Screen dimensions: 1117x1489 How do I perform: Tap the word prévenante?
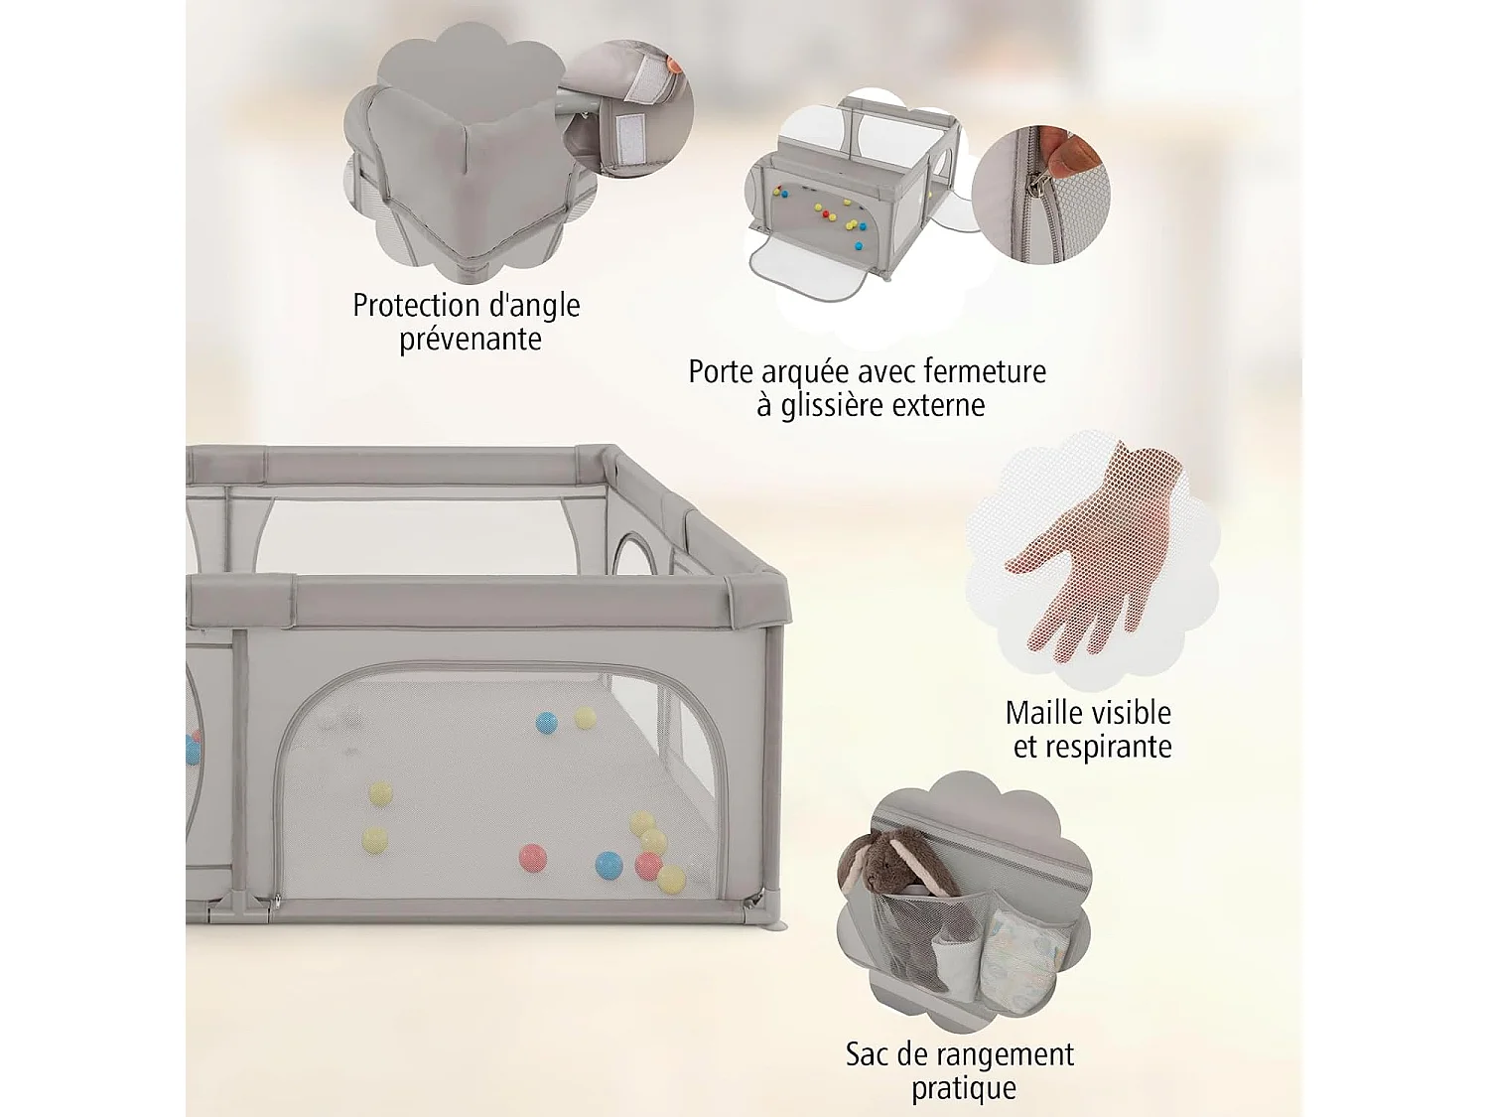(471, 339)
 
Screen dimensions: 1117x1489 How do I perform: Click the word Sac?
(867, 1053)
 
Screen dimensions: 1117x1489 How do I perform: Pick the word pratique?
(964, 1088)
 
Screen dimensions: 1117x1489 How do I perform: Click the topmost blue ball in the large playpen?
(547, 722)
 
